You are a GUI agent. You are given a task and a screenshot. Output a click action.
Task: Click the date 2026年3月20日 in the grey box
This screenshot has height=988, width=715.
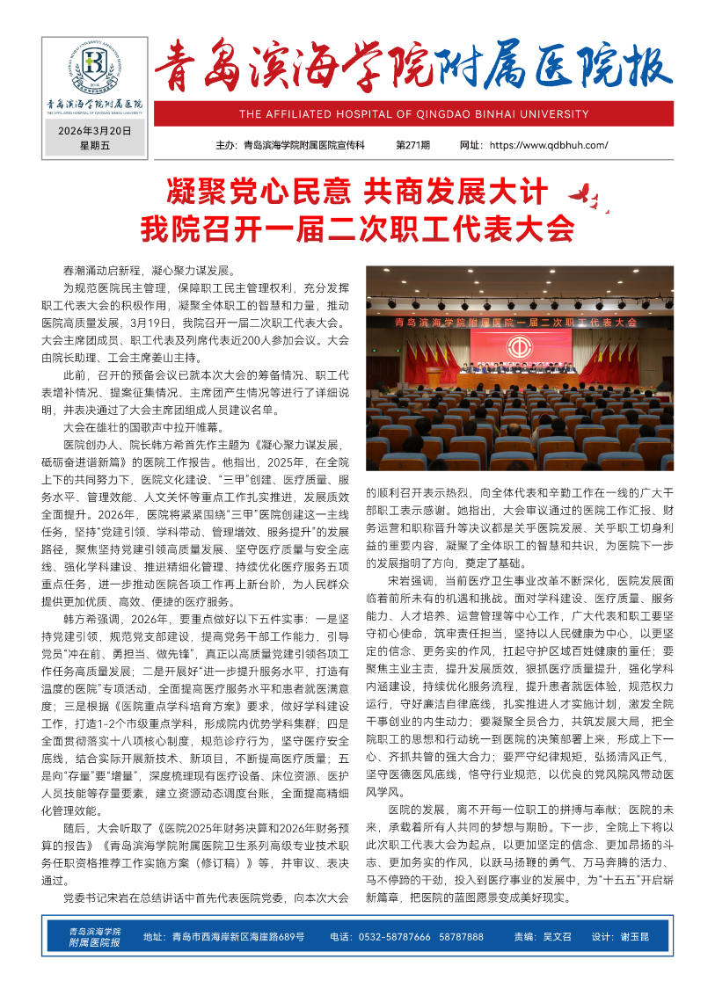[95, 131]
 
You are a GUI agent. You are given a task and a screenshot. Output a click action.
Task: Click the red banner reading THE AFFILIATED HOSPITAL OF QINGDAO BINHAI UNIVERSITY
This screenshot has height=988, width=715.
[413, 114]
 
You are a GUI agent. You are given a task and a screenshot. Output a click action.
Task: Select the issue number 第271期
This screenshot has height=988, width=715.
[413, 145]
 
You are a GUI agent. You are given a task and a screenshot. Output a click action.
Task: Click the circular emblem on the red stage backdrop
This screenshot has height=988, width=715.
[518, 345]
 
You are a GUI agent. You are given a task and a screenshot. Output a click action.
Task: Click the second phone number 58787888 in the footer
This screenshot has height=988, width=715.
[462, 937]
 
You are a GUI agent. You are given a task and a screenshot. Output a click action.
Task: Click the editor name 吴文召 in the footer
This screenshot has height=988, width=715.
[556, 937]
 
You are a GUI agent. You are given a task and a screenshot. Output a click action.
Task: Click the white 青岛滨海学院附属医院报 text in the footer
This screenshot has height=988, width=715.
[95, 936]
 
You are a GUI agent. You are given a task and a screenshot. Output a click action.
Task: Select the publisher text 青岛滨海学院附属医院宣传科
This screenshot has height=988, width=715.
[303, 145]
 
